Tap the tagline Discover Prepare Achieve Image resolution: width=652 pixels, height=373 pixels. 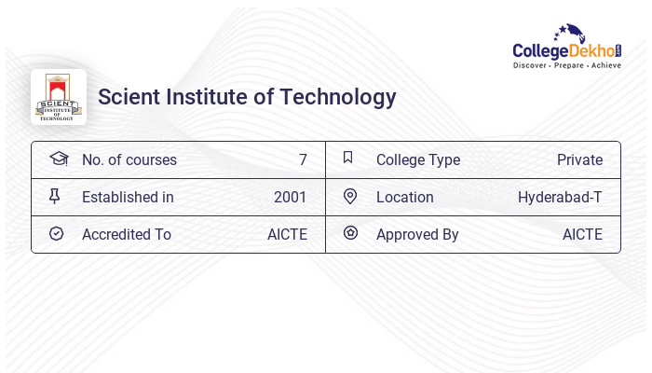[x=566, y=65]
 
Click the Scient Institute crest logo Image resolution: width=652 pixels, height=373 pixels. [x=58, y=97]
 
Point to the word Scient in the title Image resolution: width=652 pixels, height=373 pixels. [x=127, y=97]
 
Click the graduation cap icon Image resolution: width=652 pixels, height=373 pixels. [x=59, y=159]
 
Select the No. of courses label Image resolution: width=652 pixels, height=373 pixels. [x=129, y=160]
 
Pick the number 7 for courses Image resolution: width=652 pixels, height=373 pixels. [x=303, y=160]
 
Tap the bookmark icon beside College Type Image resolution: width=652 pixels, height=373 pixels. [x=348, y=159]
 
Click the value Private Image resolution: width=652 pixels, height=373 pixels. [x=579, y=160]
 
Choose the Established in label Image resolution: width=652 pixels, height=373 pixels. [x=128, y=198]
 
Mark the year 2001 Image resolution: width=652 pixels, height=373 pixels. [x=290, y=198]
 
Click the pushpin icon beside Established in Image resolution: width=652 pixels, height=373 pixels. [x=55, y=197]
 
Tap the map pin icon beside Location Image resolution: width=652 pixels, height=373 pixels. [x=350, y=197]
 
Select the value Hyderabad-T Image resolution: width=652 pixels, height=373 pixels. [x=560, y=198]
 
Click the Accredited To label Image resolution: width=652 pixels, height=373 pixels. [x=126, y=235]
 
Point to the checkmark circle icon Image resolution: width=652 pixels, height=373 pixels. [x=56, y=234]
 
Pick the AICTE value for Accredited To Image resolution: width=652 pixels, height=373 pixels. [x=287, y=235]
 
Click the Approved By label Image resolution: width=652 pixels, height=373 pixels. [x=417, y=235]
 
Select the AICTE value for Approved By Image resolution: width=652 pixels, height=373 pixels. [x=582, y=235]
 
